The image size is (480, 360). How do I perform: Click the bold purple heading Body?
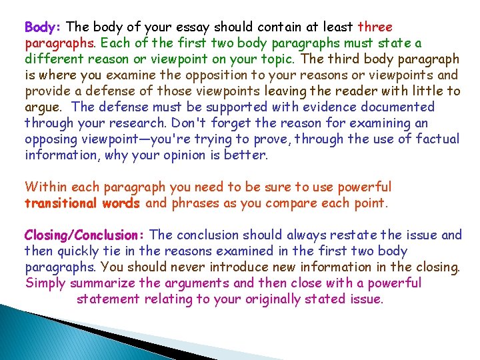pos(43,27)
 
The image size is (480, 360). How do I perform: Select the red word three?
pos(375,27)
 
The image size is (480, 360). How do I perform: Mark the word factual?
pos(435,139)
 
